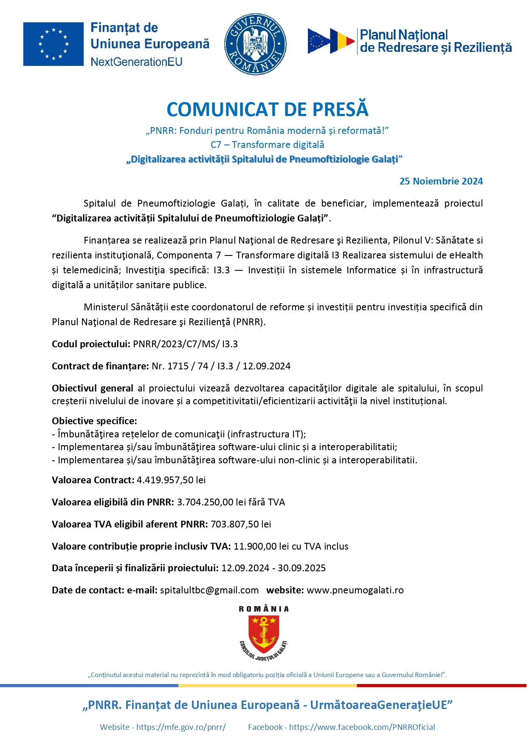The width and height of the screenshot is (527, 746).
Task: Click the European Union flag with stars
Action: [53, 44]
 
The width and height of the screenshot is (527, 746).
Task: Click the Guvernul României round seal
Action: [255, 44]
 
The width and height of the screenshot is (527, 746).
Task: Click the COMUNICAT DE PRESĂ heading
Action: [267, 109]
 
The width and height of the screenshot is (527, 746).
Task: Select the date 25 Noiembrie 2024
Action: [441, 181]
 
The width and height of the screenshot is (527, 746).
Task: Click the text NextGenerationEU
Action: [136, 62]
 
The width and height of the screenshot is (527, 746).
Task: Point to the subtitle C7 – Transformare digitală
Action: [267, 145]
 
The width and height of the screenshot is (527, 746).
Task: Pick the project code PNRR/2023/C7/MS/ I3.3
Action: [185, 344]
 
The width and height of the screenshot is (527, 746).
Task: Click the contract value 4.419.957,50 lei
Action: [171, 480]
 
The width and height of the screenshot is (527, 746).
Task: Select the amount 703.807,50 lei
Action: [241, 524]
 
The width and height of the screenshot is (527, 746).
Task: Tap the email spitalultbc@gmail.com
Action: [209, 590]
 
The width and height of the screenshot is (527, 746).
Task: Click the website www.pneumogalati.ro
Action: [355, 590]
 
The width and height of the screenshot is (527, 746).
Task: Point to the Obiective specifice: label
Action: [94, 421]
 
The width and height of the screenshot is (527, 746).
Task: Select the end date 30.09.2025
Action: [302, 568]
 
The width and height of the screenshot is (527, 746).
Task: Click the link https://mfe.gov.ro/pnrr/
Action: [181, 727]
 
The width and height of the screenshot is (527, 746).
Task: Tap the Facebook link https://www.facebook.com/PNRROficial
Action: [362, 727]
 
